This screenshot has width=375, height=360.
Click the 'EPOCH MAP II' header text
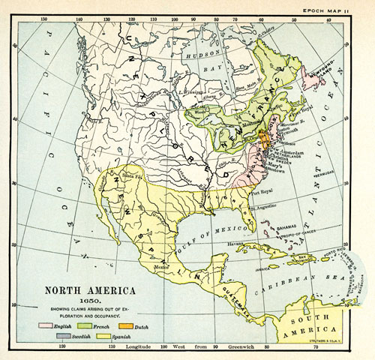tap(343, 5)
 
